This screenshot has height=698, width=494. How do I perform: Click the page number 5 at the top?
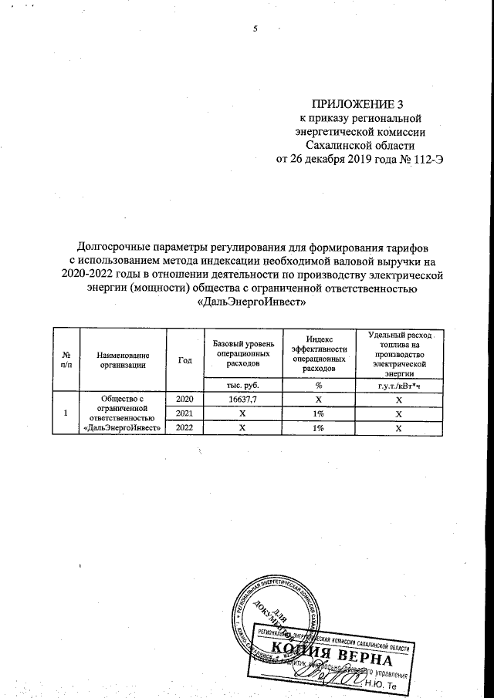point(254,29)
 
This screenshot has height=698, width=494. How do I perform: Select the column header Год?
point(184,359)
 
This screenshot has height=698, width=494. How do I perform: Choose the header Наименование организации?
point(121,359)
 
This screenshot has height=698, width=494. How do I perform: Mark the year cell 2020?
point(184,400)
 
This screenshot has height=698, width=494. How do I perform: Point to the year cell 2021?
point(184,413)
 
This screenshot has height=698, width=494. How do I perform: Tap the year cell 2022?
point(184,427)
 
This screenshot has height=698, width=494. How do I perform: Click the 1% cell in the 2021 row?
point(317,413)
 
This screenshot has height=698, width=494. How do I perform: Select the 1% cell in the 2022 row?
point(317,427)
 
